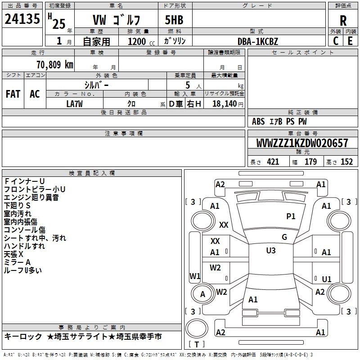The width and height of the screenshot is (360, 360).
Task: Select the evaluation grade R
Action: (343, 20)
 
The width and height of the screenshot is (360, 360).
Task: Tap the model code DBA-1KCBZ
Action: (258, 41)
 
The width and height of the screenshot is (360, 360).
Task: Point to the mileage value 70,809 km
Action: (53, 65)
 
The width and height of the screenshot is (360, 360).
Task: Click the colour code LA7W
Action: (75, 103)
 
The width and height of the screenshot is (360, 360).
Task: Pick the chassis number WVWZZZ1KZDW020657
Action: (302, 143)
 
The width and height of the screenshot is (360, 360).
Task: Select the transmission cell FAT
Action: (13, 94)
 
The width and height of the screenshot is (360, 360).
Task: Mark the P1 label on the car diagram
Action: (291, 216)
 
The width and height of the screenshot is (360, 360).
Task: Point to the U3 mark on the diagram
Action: (271, 251)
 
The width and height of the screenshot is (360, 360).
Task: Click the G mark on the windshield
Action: (284, 237)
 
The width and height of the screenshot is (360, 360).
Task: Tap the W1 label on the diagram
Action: (195, 276)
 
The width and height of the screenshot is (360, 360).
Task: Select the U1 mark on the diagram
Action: (327, 279)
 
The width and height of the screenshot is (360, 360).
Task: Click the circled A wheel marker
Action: (202, 294)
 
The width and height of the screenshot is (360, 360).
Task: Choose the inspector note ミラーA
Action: (17, 262)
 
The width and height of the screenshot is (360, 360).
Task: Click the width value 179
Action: (311, 162)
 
